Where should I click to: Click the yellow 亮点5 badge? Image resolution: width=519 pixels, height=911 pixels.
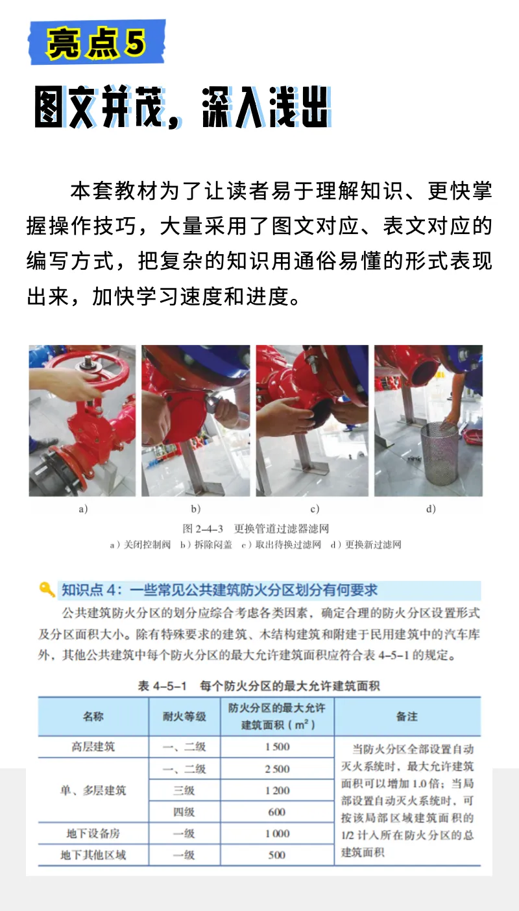[96, 42]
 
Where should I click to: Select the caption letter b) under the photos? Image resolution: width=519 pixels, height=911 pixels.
[195, 510]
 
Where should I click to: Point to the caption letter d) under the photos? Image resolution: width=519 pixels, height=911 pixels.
[431, 510]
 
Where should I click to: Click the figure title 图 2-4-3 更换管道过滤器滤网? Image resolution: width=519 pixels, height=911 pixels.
[256, 529]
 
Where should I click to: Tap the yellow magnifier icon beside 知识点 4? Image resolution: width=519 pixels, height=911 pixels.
[47, 589]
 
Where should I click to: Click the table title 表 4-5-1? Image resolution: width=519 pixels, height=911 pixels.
[259, 686]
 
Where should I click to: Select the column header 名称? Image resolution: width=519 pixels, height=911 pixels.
[93, 716]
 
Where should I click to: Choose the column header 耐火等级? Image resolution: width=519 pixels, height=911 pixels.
[184, 716]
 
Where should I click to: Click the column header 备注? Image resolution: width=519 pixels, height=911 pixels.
[407, 716]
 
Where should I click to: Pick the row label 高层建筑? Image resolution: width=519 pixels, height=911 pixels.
[93, 747]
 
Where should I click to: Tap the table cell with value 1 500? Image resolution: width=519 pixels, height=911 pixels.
[277, 747]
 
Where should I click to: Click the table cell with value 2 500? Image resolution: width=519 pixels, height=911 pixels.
[277, 769]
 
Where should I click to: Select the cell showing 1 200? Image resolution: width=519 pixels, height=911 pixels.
[277, 790]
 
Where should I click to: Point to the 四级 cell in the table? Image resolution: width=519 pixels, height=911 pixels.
[184, 812]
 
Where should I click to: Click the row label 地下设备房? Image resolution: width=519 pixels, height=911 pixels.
[93, 833]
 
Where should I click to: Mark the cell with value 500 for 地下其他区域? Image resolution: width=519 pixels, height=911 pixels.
[277, 855]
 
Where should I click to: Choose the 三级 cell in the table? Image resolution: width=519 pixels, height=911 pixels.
[184, 790]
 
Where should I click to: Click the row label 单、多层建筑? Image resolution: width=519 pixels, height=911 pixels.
[93, 790]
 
